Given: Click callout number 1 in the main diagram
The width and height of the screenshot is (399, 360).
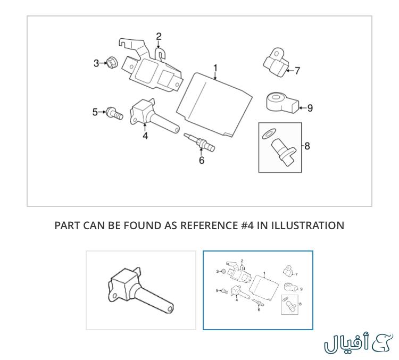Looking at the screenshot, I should (x=215, y=68).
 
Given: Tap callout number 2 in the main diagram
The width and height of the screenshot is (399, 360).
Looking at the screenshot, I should (x=159, y=36).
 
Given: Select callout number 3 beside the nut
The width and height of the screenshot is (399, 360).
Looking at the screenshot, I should (x=96, y=63).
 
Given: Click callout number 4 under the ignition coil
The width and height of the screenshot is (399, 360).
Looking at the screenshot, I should (x=145, y=135).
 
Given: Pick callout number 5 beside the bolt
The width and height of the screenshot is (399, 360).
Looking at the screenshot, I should (x=95, y=112).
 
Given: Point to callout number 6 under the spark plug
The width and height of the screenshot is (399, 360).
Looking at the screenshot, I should (x=202, y=160).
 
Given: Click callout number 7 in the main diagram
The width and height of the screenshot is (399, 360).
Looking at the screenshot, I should (x=297, y=70).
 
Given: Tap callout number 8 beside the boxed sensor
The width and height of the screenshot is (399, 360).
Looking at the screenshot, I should (x=307, y=145).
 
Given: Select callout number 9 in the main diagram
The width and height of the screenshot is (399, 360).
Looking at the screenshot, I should (x=310, y=108).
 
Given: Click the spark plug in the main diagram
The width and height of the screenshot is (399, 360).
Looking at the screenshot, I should (x=198, y=142).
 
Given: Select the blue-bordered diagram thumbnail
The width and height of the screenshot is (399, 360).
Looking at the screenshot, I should (x=258, y=290).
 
